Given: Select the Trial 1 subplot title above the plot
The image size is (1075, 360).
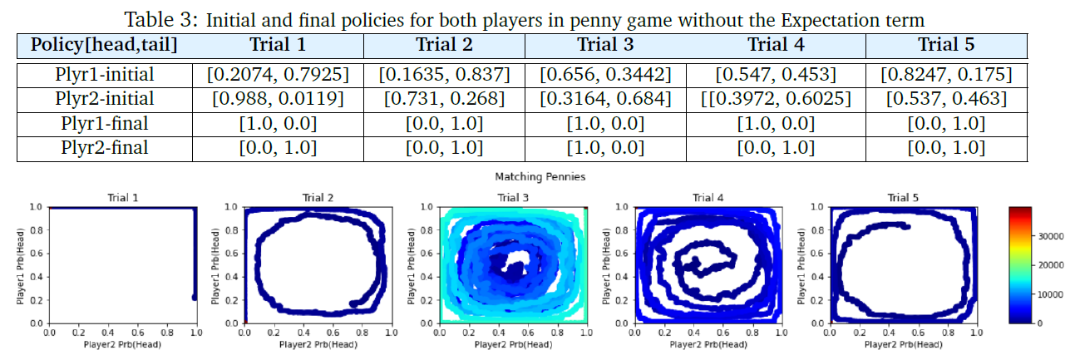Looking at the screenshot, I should (123, 198).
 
